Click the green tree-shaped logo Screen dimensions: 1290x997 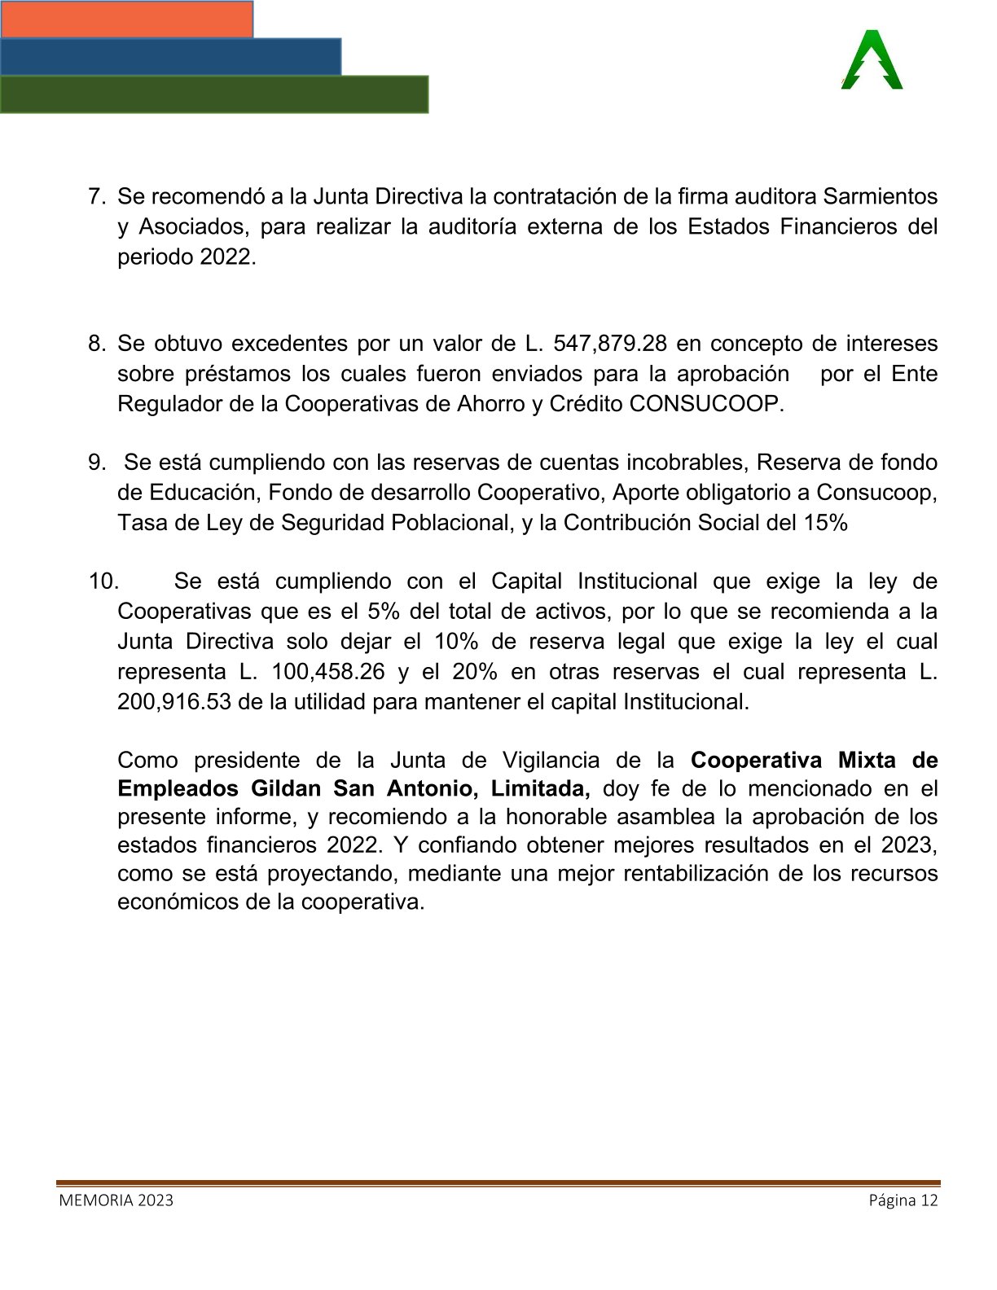[x=872, y=60]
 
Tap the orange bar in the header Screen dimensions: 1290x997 [x=126, y=19]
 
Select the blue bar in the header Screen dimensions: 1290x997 [x=170, y=56]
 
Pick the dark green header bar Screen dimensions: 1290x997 [x=213, y=94]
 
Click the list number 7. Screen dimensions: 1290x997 [x=97, y=196]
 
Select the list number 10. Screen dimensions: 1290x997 [x=103, y=581]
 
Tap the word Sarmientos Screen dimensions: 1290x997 [x=881, y=196]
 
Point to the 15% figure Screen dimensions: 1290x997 [x=826, y=523]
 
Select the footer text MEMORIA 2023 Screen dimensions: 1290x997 [x=116, y=1200]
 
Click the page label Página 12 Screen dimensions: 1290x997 [x=903, y=1200]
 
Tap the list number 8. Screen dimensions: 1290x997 [x=97, y=344]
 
